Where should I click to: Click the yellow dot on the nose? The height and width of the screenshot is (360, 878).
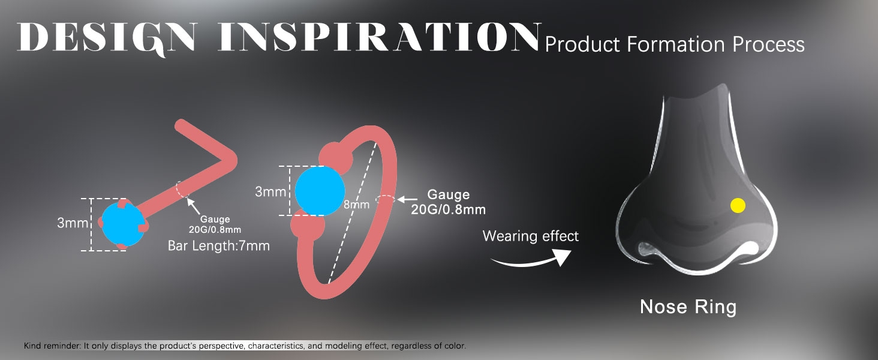click(x=738, y=205)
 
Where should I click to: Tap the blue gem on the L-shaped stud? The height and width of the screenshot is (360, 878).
click(x=122, y=224)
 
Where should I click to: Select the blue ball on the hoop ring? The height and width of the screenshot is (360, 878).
click(x=320, y=191)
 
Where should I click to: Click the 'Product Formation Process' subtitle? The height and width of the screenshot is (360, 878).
click(x=675, y=44)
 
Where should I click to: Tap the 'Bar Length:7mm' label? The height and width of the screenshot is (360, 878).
click(x=219, y=246)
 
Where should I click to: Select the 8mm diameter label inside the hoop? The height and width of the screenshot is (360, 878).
click(x=356, y=205)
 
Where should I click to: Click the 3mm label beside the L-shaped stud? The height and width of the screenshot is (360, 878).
click(x=73, y=223)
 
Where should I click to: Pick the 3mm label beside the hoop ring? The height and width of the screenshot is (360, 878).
click(x=270, y=191)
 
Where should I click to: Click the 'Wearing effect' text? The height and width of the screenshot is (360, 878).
click(x=530, y=236)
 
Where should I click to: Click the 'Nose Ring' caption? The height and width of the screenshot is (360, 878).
click(x=688, y=307)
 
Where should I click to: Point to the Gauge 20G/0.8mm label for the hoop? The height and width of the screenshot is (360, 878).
click(x=448, y=202)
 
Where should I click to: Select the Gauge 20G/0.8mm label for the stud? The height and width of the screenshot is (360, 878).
click(x=215, y=224)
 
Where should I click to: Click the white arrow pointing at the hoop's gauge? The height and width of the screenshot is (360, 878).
click(x=407, y=200)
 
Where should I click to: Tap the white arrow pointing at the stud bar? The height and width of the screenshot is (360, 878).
click(x=193, y=206)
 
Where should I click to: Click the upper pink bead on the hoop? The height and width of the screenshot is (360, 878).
click(x=335, y=158)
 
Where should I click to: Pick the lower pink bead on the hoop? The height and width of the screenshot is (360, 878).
click(x=308, y=226)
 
